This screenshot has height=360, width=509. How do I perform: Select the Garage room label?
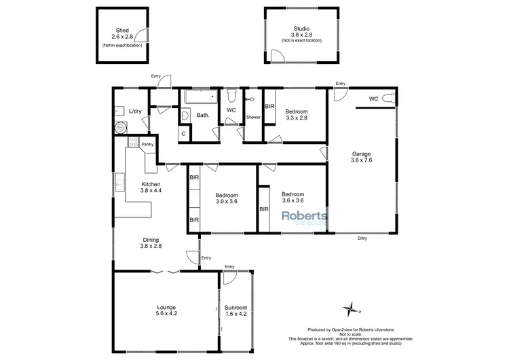[360, 154]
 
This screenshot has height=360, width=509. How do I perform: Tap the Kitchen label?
[151, 184]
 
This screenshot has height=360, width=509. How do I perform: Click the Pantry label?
[148, 144]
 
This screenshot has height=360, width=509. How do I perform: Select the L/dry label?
[135, 111]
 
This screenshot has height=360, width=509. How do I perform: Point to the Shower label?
[253, 117]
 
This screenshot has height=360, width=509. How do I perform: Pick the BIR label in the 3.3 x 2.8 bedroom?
[269, 107]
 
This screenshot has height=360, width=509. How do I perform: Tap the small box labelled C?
[183, 134]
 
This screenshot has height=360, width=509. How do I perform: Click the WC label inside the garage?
[373, 99]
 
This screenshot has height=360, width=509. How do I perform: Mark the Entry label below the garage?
[362, 238]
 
